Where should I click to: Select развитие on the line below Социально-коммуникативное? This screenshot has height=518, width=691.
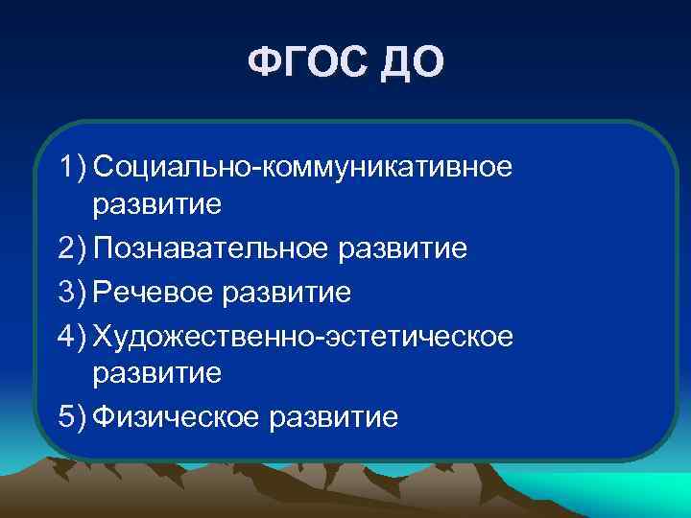pos(157,206)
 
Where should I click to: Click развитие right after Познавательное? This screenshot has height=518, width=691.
pos(404,249)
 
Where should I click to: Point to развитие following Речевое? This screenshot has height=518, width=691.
pos(287,291)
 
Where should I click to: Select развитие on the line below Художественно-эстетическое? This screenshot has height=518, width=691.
pos(157,374)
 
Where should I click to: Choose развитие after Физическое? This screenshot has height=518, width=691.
pos(332,417)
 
